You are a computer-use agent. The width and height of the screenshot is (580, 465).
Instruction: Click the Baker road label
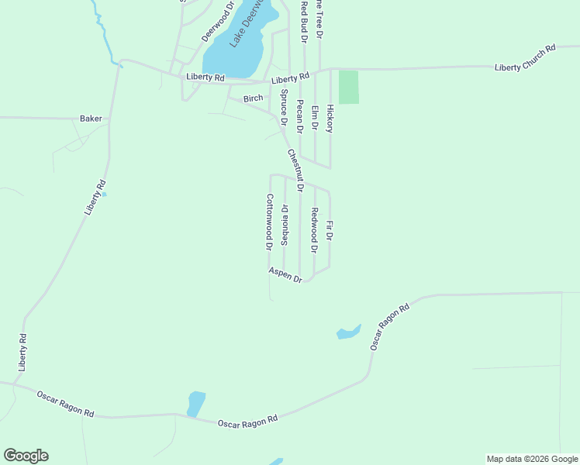[91, 119]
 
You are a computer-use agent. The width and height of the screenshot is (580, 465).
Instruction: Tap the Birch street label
[254, 98]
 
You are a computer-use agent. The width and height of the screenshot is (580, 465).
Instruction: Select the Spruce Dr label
[284, 108]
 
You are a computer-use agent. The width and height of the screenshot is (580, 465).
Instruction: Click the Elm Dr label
[315, 117]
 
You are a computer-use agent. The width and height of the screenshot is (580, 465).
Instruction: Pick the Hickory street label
[330, 118]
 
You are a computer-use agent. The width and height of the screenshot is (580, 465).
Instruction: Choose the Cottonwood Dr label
[269, 222]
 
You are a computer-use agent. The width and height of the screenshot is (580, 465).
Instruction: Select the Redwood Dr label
[314, 230]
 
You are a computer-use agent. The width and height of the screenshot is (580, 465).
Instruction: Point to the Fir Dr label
[330, 230]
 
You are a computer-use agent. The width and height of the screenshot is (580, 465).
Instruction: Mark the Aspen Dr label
[285, 274]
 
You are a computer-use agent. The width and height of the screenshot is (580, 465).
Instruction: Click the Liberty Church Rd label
[526, 59]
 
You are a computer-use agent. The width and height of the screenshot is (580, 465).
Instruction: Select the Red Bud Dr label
[305, 21]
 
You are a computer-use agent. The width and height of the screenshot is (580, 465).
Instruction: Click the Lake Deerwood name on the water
[248, 27]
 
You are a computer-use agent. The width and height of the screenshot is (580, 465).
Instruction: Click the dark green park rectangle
[349, 87]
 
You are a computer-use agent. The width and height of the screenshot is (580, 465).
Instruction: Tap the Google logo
[26, 456]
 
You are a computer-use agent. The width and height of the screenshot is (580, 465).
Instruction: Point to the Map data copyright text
[533, 459]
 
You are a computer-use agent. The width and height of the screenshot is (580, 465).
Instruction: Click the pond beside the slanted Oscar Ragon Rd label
[349, 332]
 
